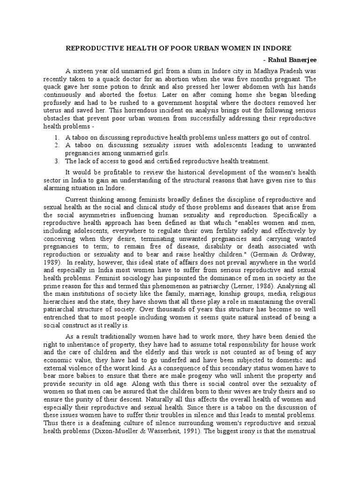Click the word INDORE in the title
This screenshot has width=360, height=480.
(x=277, y=48)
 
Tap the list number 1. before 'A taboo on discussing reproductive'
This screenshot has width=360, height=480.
(x=56, y=137)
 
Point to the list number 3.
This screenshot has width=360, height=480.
(x=56, y=161)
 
